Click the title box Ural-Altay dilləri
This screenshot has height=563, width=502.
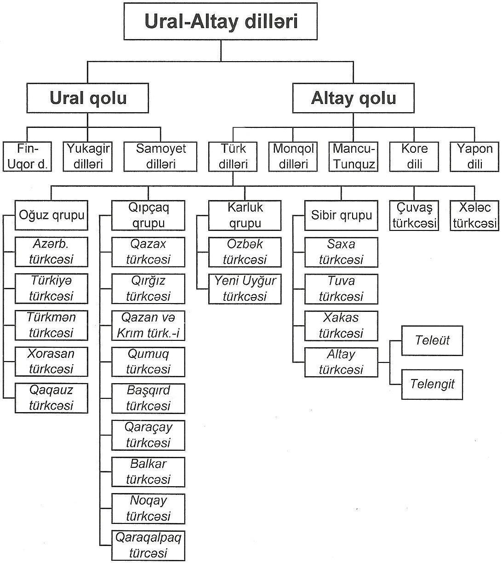[x=220, y=22]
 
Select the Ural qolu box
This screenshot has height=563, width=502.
[x=87, y=98]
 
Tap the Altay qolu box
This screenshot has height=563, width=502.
[x=354, y=98]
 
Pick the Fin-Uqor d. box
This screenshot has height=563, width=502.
[x=27, y=156]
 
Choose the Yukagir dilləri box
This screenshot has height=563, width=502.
[x=87, y=156]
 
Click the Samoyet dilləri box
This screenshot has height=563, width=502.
[x=160, y=156]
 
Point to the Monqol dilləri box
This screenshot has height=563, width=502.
[x=293, y=156]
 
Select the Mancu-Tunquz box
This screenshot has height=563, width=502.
[x=354, y=156]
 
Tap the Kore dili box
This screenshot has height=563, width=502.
[x=414, y=156]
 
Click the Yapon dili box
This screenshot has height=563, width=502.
[x=474, y=156]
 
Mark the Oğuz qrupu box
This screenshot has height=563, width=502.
[x=51, y=215]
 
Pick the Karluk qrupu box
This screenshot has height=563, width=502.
[x=245, y=215]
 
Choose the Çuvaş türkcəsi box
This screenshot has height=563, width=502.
[x=414, y=215]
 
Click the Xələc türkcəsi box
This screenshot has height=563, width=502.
[x=474, y=215]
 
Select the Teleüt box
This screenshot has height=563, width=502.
[x=432, y=341]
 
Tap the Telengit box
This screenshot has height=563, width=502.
[x=432, y=385]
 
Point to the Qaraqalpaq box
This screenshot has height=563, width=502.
[x=148, y=546]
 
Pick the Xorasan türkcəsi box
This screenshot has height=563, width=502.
[x=51, y=362]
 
